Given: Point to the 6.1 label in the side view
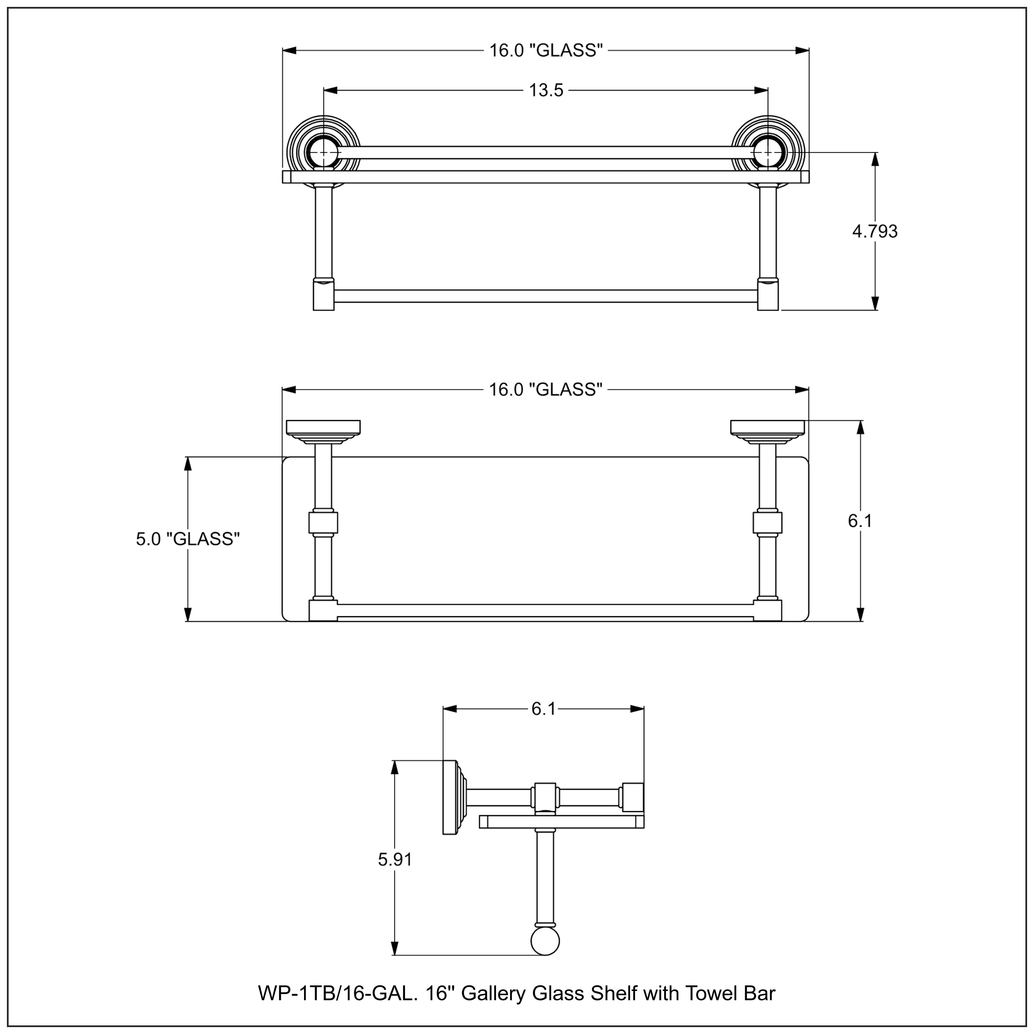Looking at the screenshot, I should (544, 709).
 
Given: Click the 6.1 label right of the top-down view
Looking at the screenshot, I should (860, 521).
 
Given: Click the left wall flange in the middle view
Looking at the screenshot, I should (323, 427).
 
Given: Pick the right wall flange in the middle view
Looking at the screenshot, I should (768, 427).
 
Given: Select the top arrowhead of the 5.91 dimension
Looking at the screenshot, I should (395, 767).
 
